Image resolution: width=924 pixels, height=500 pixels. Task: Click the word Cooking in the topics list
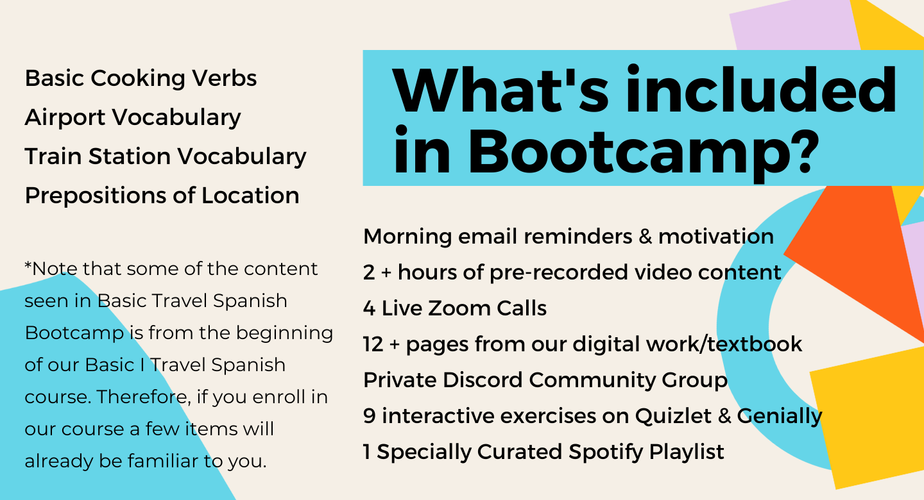[x=138, y=79]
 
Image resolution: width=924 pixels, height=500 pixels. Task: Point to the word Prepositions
[x=95, y=196]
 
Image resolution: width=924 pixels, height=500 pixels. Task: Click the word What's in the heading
[x=500, y=90]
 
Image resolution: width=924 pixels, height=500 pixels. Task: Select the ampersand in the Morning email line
[x=645, y=237]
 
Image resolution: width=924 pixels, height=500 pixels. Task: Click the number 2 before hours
[x=369, y=272]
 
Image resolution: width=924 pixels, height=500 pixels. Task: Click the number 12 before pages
[x=373, y=344]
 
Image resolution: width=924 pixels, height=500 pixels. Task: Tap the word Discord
[x=483, y=379]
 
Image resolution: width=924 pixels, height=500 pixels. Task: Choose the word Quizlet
[x=673, y=415]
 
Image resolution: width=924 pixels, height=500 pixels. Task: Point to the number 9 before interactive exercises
[x=369, y=415]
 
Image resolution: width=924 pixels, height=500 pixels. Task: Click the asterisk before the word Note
[x=28, y=266]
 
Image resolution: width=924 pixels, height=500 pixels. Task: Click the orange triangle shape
[x=858, y=256]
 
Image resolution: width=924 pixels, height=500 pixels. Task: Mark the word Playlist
[x=687, y=453]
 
